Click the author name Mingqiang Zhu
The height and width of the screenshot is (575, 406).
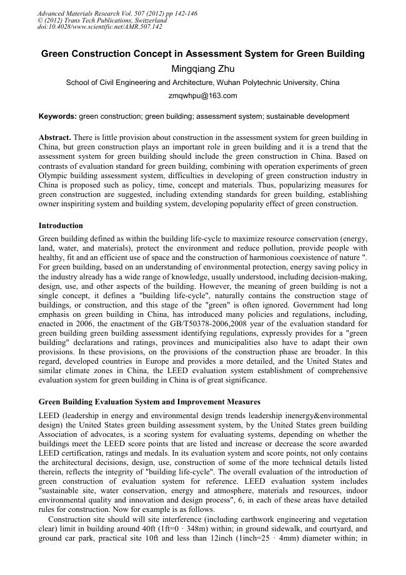pos(202,68)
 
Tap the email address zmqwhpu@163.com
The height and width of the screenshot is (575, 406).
pos(202,96)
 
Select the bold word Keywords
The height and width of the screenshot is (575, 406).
pos(57,116)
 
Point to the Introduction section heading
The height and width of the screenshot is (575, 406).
pos(61,225)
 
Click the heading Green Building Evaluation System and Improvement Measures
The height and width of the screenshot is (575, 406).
pos(149,401)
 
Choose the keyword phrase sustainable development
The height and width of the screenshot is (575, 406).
pos(314,116)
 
